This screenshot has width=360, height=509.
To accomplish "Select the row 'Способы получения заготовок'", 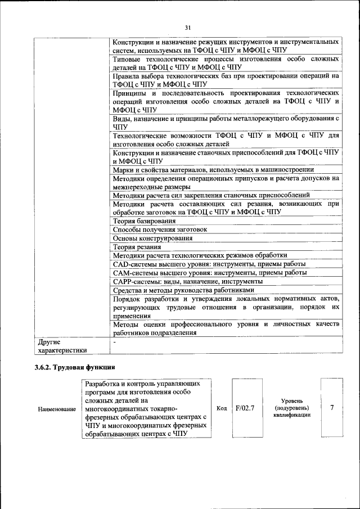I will pos(160,229).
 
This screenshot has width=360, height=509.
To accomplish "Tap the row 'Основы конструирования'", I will pos(153,238).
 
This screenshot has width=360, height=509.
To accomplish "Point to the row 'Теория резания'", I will pos(137,246).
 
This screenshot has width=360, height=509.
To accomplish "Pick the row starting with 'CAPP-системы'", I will pos(187,281).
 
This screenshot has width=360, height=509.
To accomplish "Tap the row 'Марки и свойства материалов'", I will pos(213,169).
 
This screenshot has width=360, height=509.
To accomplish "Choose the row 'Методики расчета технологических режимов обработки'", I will pos(200,255).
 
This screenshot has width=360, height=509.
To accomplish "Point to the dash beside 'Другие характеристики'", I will pos(114,341).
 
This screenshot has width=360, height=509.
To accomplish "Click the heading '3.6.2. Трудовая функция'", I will pos(71,368).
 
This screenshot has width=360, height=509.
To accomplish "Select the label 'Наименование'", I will pos(57,409).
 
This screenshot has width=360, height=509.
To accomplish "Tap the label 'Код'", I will pos(222,408).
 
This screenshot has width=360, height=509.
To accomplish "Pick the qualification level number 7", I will pos(332,408).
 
